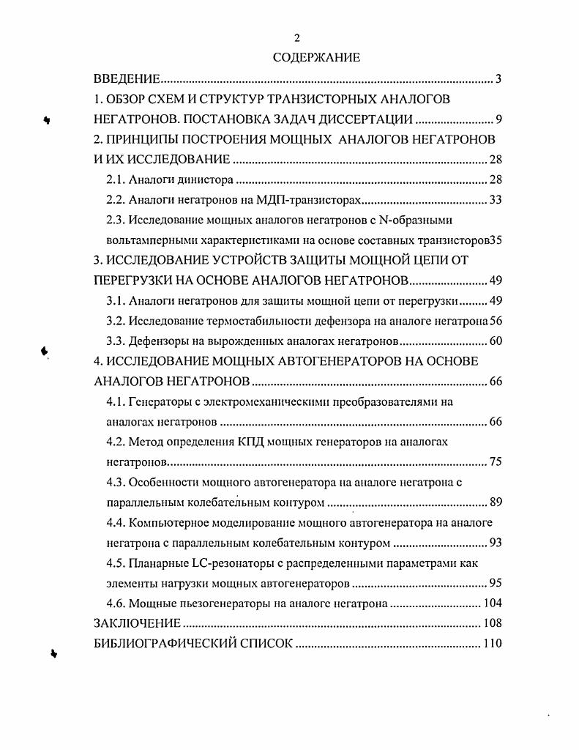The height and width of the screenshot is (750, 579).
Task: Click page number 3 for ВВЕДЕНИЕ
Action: pyautogui.click(x=497, y=78)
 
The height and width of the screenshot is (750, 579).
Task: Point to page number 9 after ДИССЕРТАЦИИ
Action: pyautogui.click(x=497, y=119)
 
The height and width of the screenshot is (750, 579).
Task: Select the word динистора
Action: pyautogui.click(x=208, y=179)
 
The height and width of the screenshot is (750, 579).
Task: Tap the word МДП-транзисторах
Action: pyautogui.click(x=315, y=199)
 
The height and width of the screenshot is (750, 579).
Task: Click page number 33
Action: pyautogui.click(x=493, y=199)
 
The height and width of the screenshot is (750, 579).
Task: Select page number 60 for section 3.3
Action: pyautogui.click(x=493, y=341)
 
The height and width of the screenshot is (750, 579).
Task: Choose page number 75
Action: pyautogui.click(x=493, y=463)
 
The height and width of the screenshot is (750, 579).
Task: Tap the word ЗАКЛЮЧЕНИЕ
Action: pyautogui.click(x=137, y=624)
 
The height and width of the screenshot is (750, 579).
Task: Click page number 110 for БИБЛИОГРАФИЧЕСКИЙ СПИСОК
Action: pyautogui.click(x=490, y=645)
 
